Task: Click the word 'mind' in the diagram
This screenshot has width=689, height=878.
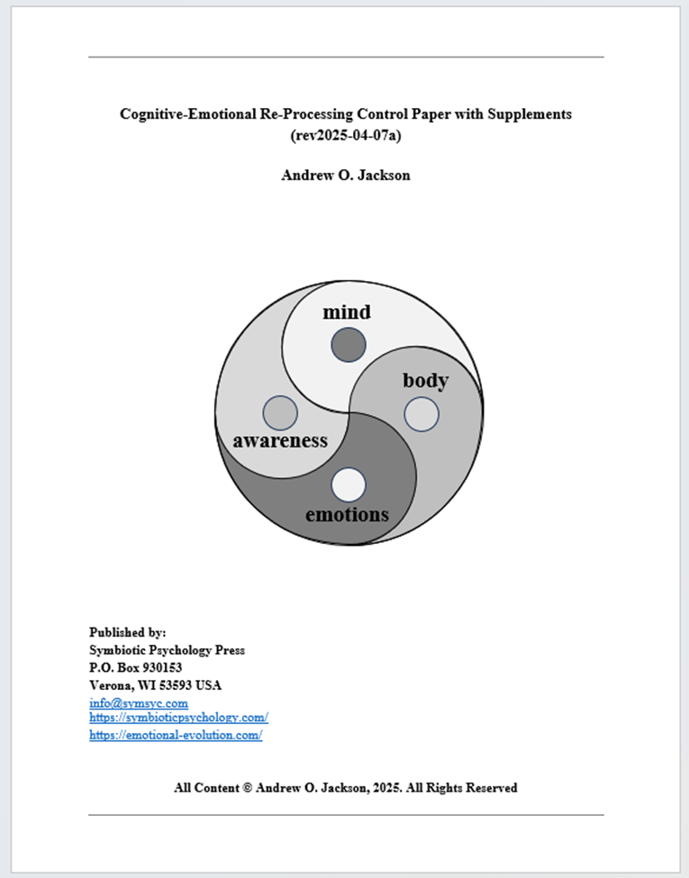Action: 347,312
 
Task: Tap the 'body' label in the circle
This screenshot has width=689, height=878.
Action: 425,381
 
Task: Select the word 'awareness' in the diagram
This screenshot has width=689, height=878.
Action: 280,440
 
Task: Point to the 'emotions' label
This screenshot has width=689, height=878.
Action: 347,514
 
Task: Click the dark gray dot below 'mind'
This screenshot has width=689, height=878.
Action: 349,345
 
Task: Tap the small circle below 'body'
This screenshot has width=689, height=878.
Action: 422,414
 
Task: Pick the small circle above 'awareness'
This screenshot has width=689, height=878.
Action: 280,412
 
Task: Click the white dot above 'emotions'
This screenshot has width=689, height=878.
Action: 349,484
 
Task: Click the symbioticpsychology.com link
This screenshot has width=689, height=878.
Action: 178,718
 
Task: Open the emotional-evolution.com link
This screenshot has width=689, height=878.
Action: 176,735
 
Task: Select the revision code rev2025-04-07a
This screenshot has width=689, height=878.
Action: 346,136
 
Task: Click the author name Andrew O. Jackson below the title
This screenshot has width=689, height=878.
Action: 346,175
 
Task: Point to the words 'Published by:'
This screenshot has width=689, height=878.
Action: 128,632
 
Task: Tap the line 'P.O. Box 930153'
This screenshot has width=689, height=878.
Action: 136,667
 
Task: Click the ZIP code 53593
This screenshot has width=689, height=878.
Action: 177,685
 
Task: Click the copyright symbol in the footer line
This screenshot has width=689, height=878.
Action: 247,788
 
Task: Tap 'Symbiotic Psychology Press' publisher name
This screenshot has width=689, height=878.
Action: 168,650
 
